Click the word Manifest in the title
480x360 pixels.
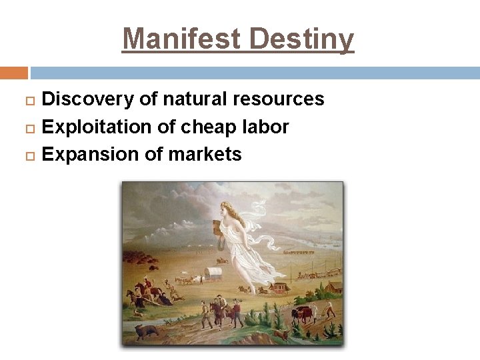tap(182, 39)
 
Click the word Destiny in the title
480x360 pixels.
tap(301, 39)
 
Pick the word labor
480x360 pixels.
tap(265, 127)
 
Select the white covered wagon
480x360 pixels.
tap(214, 274)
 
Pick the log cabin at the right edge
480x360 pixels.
tap(335, 287)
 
